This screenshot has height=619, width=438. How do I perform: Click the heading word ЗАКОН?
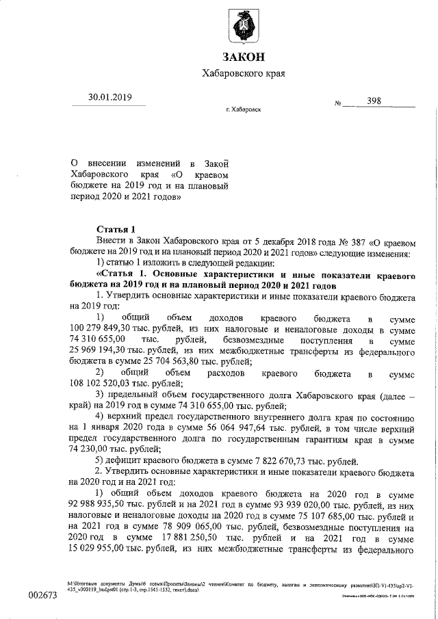click(x=243, y=55)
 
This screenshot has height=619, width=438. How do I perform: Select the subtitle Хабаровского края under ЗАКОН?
click(x=243, y=73)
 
